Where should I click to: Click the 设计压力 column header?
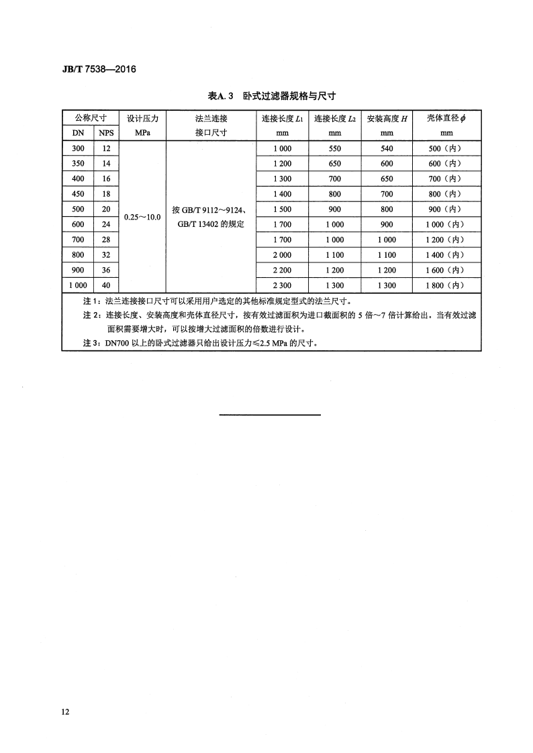142,118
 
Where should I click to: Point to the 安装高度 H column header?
387,118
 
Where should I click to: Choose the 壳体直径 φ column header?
446,118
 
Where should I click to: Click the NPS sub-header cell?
107,133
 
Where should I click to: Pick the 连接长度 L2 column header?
335,118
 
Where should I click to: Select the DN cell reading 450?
79,194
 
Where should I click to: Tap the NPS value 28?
107,240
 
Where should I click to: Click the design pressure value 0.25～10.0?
142,217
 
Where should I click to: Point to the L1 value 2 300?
282,286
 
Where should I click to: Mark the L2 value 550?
335,148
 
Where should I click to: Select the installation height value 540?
387,148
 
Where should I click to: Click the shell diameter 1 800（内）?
446,286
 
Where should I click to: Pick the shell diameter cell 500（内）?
446,148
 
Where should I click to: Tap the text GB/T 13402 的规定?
211,224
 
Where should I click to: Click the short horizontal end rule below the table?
271,415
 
